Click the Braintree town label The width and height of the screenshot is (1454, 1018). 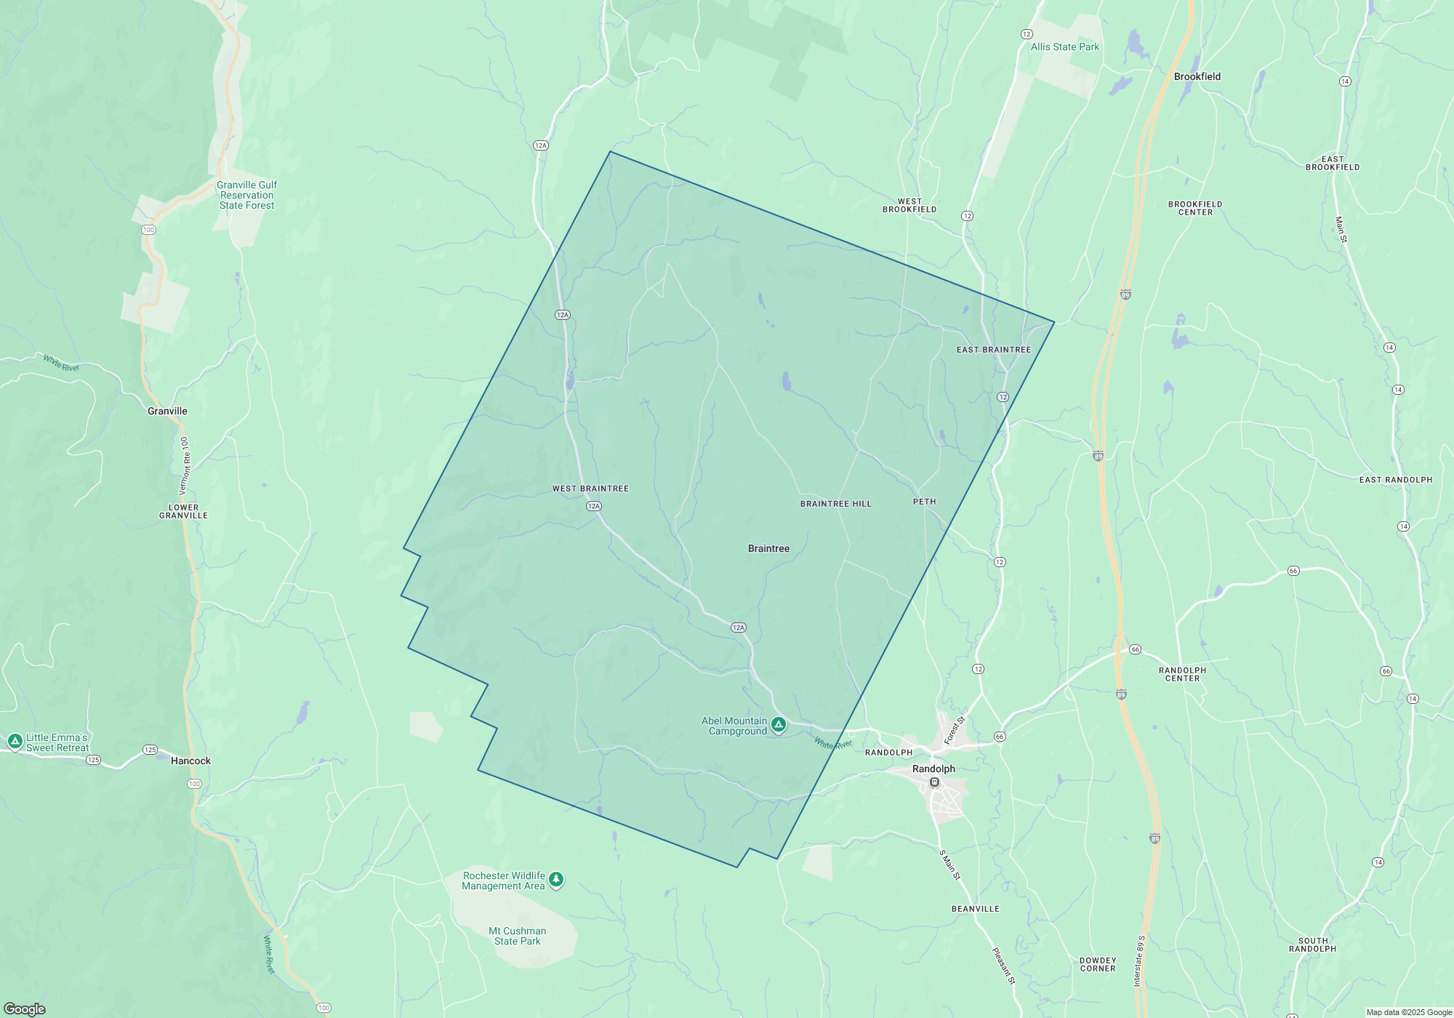(768, 549)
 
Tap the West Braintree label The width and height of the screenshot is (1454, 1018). (590, 489)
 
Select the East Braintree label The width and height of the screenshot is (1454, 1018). (993, 350)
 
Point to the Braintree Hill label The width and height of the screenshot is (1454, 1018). (835, 504)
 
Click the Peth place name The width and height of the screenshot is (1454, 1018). (924, 502)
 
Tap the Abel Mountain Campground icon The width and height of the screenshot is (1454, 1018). (779, 724)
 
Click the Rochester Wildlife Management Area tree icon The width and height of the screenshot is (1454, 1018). (556, 880)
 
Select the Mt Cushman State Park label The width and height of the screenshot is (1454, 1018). (517, 936)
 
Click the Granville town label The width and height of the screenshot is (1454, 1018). (167, 412)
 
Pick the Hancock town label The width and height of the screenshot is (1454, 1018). (190, 761)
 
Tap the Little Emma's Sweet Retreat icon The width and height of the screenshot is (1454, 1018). (15, 741)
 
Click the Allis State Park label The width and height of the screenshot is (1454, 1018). (1064, 47)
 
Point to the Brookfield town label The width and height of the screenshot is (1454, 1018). (1197, 77)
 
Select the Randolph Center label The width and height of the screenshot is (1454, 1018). (1182, 674)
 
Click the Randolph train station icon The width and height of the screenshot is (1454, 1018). (935, 782)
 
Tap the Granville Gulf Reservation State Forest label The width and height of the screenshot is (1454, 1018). (247, 196)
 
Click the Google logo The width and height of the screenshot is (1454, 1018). (25, 1009)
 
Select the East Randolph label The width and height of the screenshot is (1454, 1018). (1395, 480)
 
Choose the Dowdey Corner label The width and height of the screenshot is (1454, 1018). (1097, 964)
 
